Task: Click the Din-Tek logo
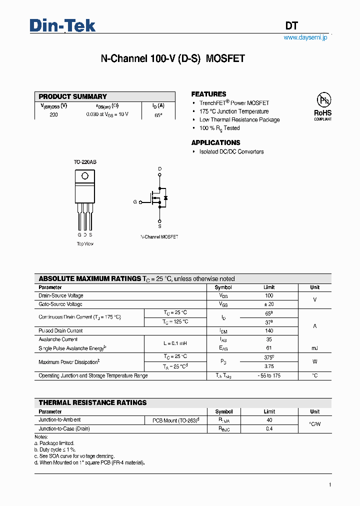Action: click(62, 25)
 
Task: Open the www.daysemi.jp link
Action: click(305, 38)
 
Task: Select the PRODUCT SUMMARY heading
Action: click(73, 96)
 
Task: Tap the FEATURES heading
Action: click(208, 94)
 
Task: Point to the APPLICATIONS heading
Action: click(215, 142)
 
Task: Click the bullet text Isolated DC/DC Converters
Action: click(231, 151)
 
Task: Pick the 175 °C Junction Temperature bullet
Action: click(234, 111)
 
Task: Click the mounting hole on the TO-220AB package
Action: click(85, 175)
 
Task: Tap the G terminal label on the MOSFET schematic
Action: click(134, 202)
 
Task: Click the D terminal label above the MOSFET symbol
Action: click(160, 169)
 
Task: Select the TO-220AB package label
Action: click(84, 162)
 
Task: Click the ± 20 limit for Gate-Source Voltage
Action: click(269, 304)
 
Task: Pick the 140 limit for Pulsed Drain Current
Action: click(269, 330)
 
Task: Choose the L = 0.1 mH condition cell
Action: click(175, 343)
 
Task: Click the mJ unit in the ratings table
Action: click(314, 348)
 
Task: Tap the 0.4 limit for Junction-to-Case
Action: click(269, 428)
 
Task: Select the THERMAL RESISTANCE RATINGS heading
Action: click(92, 402)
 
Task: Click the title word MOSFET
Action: click(225, 58)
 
